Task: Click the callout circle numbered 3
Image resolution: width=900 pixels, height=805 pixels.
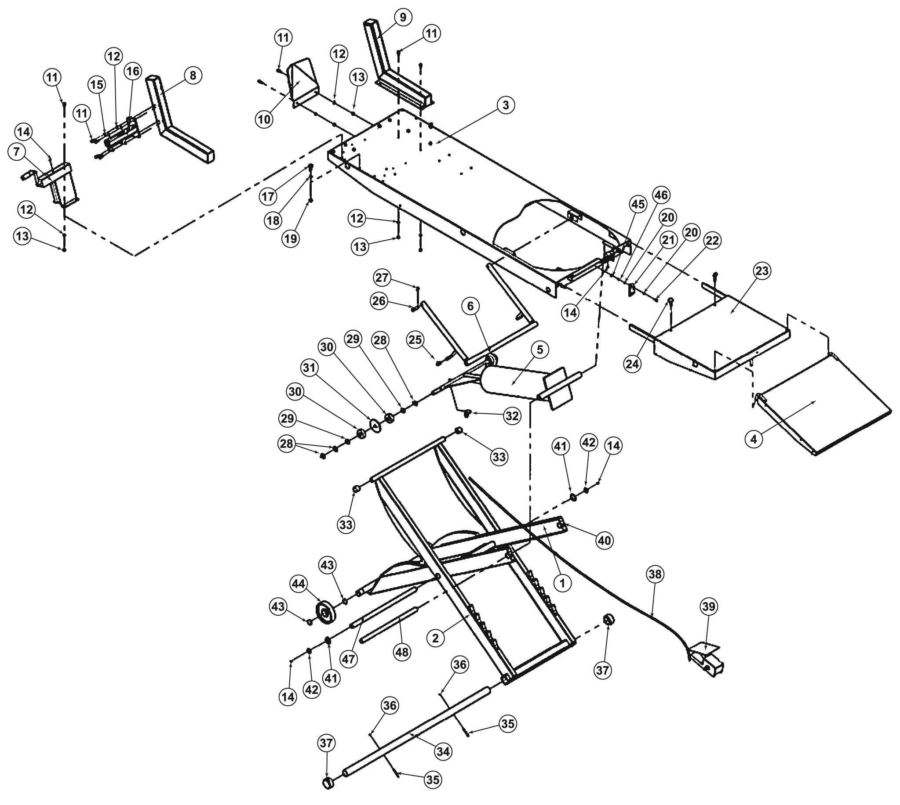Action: click(506, 105)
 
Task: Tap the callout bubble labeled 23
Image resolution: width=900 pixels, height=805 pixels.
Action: click(762, 271)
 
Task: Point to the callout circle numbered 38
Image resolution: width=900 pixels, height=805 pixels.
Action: click(655, 574)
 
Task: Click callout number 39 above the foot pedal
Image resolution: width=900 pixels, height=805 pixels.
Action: click(709, 606)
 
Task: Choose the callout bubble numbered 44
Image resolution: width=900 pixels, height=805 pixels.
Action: click(299, 584)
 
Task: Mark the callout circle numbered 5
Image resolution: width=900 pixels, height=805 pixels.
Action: click(539, 350)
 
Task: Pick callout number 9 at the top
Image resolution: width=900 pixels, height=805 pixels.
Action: click(402, 18)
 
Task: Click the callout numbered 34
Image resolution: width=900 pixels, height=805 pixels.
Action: click(443, 751)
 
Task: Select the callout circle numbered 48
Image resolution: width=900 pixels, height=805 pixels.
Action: click(402, 652)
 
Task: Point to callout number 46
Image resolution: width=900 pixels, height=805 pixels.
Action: click(660, 195)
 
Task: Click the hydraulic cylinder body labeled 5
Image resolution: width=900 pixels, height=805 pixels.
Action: click(509, 380)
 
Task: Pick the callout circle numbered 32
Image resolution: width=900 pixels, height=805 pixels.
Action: click(512, 416)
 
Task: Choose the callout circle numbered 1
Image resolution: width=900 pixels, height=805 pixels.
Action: click(562, 583)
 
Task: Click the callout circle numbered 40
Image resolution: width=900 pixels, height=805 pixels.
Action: click(604, 540)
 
